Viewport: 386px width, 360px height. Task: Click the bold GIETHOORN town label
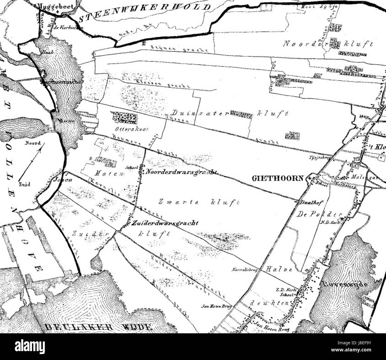(x=278, y=178)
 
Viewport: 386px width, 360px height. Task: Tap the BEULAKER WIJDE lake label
(x=98, y=327)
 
